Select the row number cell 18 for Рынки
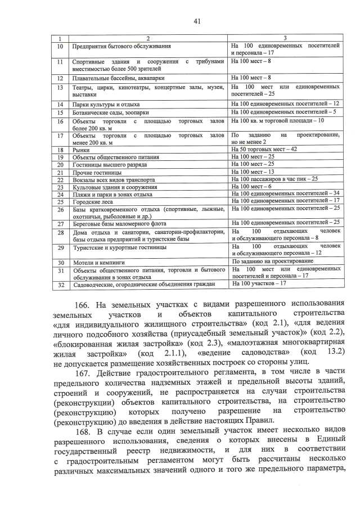coord(60,150)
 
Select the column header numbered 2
coord(148,38)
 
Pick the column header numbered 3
coord(285,38)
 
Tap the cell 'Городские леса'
coord(91,200)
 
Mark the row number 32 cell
coord(60,285)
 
